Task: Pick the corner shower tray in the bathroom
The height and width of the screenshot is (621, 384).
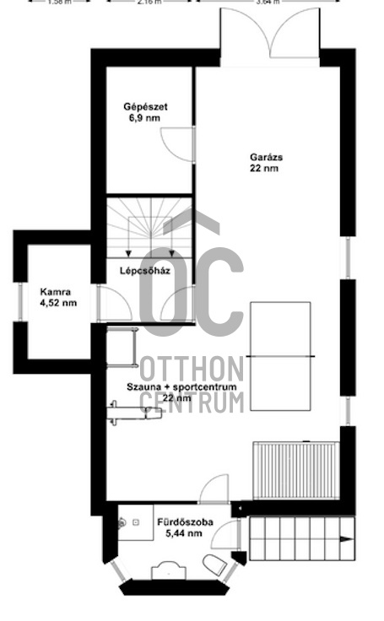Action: pos(131,524)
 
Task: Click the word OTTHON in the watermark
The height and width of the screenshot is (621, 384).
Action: pos(191,370)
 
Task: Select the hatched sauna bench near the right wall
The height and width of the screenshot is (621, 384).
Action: pos(295,469)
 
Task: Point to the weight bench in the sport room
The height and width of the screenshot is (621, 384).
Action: pos(134,413)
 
